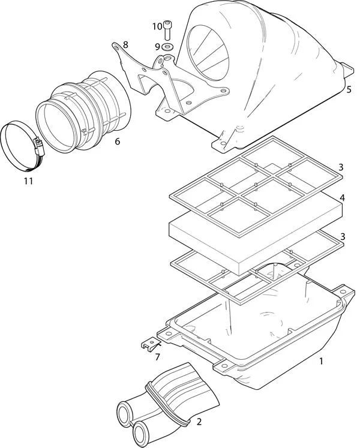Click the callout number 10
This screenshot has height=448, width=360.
click(157, 26)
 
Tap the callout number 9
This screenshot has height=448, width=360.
click(157, 46)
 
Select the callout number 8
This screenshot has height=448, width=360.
click(125, 45)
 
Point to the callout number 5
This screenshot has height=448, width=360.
click(349, 90)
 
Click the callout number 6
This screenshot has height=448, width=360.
click(117, 142)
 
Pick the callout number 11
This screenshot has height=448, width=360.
click(28, 181)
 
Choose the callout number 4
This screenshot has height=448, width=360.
click(341, 197)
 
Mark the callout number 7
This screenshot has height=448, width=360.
click(157, 357)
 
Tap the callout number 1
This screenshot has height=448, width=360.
click(321, 361)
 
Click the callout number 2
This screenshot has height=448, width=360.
click(199, 422)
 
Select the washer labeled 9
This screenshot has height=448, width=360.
click(167, 46)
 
